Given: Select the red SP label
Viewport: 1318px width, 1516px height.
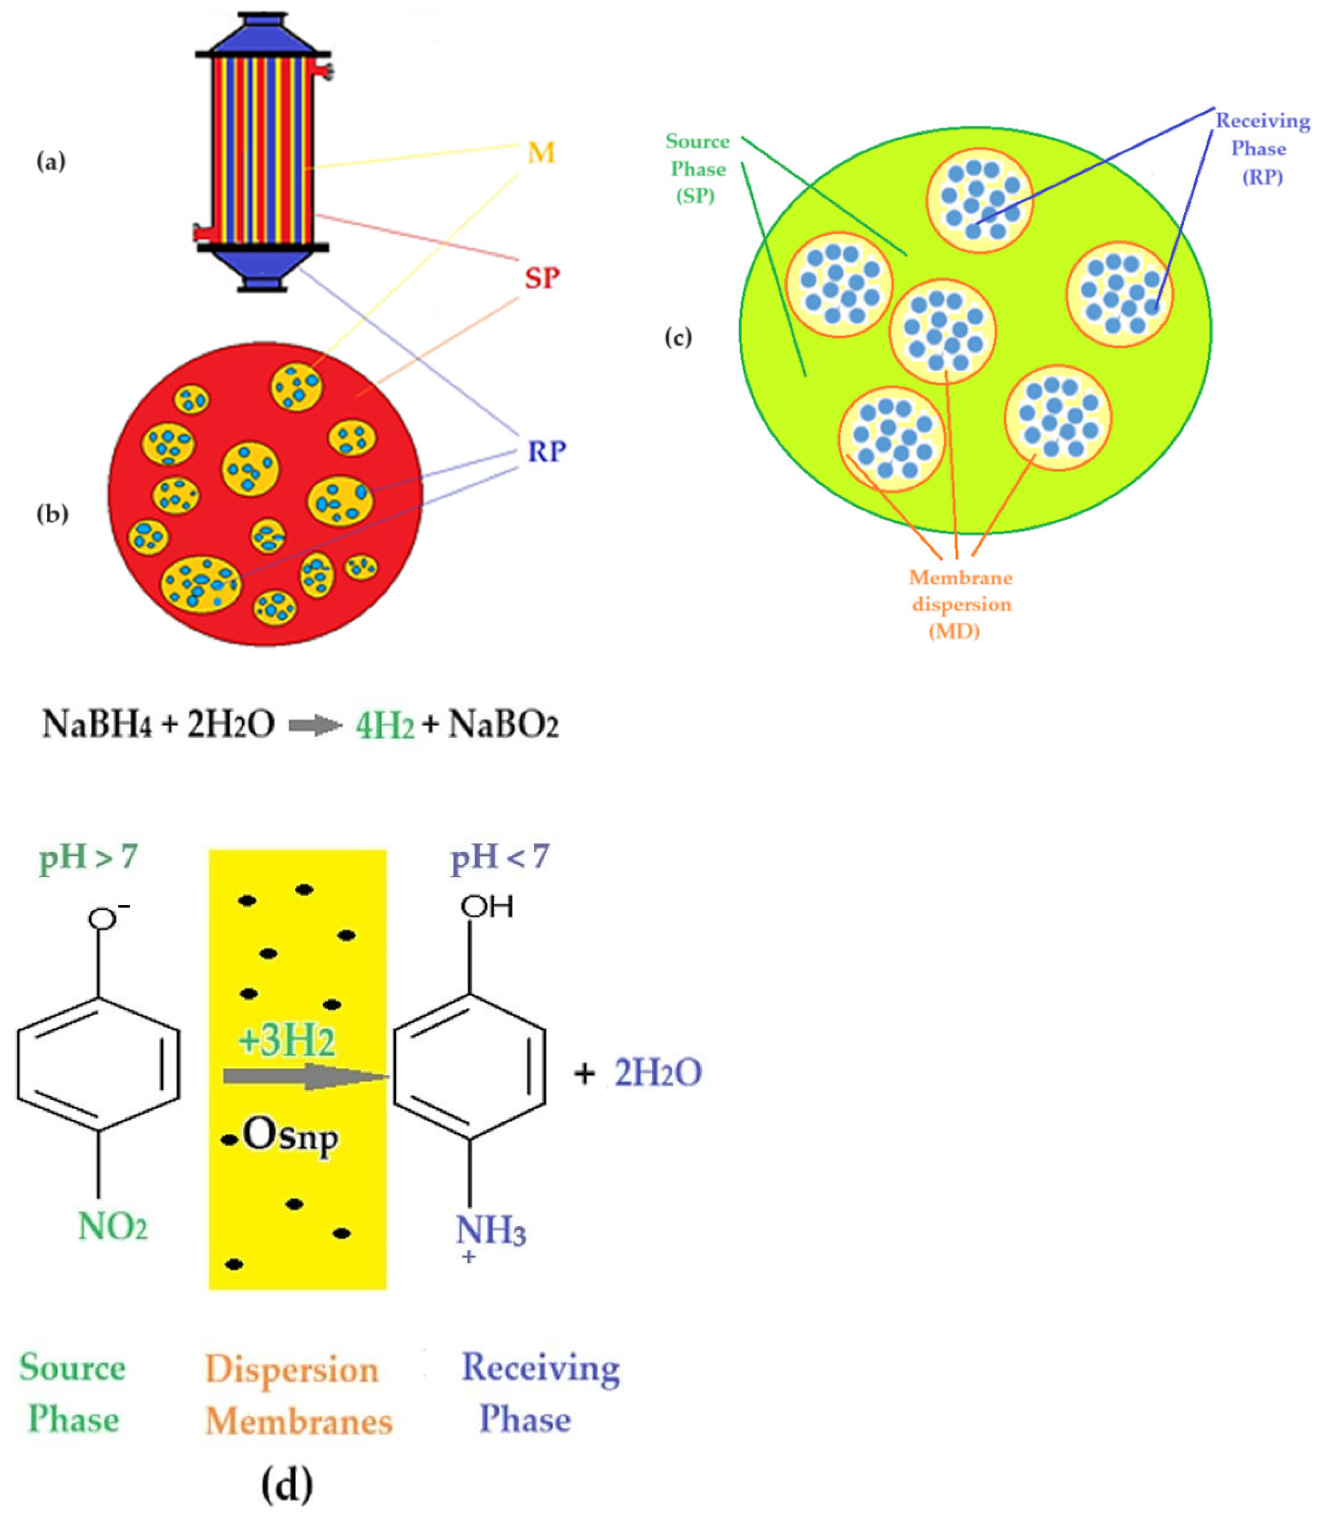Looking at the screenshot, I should (x=541, y=278).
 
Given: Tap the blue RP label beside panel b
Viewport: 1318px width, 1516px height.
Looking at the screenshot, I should (x=547, y=451).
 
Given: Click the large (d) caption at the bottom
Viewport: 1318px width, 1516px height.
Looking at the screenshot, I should (x=287, y=1485).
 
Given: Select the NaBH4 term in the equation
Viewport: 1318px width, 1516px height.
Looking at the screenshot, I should (x=97, y=724).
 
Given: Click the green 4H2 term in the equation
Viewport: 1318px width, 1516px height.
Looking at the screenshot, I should (x=385, y=726).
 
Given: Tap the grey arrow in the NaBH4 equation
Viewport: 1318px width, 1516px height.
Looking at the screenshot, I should (x=315, y=726).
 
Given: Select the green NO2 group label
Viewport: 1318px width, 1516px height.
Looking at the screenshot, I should (x=112, y=1226).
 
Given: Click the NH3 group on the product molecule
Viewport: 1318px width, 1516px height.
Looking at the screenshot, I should (x=491, y=1231).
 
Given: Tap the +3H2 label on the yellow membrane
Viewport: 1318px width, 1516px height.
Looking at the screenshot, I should (x=287, y=1041).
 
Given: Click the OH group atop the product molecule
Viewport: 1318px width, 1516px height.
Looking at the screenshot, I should (x=487, y=906).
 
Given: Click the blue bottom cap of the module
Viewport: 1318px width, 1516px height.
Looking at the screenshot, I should (x=261, y=269).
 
